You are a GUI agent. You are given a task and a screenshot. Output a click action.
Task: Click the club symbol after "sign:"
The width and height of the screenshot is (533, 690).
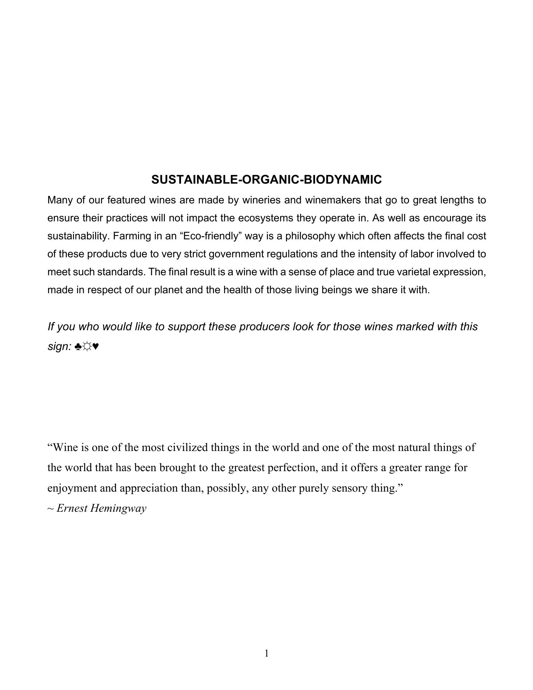tap(78, 347)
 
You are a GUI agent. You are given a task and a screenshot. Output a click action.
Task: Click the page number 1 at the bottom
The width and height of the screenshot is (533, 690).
tap(266, 653)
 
